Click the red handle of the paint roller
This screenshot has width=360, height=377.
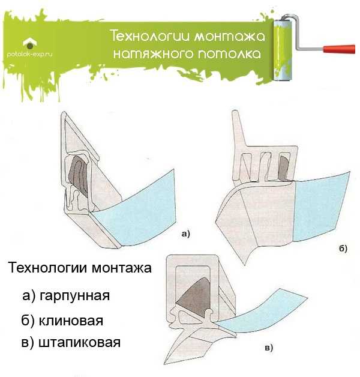[x=339, y=49]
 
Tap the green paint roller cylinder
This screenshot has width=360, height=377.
[x=283, y=50]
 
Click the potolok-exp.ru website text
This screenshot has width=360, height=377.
[x=29, y=55]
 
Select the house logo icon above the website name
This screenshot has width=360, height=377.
[x=30, y=43]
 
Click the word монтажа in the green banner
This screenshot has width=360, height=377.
[x=229, y=36]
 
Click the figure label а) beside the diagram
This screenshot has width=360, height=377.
[x=185, y=234]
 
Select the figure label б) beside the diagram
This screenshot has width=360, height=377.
[x=343, y=248]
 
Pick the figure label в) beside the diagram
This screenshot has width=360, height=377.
[x=269, y=348]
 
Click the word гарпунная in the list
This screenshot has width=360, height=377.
[x=75, y=296]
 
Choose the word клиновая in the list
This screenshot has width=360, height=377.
[x=71, y=321]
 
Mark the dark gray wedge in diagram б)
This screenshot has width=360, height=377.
[x=283, y=168]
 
